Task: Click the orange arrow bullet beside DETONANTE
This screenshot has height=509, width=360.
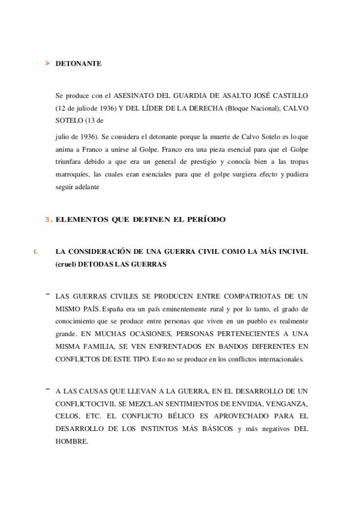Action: (47, 62)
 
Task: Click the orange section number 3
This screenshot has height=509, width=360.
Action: (48, 220)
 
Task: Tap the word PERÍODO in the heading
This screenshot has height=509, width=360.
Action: (207, 220)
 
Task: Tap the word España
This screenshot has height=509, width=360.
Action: (115, 309)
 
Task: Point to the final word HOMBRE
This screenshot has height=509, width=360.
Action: (71, 442)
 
